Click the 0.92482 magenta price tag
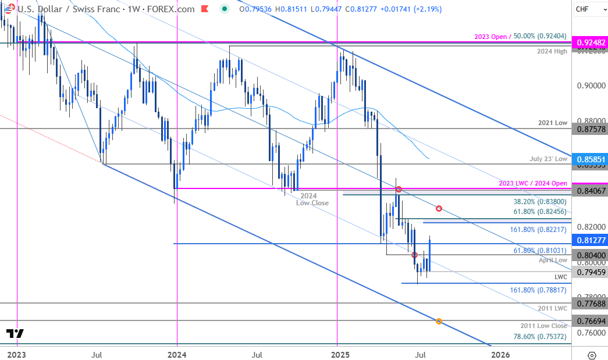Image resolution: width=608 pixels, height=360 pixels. point(590,44)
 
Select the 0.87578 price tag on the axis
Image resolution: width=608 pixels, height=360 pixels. point(590,129)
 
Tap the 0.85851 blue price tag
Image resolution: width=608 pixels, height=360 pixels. point(590,158)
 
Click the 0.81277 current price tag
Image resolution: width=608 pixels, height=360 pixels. point(590,240)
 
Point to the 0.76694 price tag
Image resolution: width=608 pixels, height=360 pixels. point(590,320)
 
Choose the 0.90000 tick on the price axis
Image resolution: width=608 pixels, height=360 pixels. point(589,85)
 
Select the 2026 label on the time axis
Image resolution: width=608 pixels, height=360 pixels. point(499,354)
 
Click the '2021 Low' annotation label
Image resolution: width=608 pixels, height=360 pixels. point(553,123)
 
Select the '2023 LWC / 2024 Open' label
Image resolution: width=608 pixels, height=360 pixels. point(533,183)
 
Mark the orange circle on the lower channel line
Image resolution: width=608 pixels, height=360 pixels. point(439,321)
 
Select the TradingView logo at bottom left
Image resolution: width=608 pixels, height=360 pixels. point(15,334)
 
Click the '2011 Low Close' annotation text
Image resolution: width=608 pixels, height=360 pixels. point(543,326)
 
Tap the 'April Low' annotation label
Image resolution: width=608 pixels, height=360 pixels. point(553,260)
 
